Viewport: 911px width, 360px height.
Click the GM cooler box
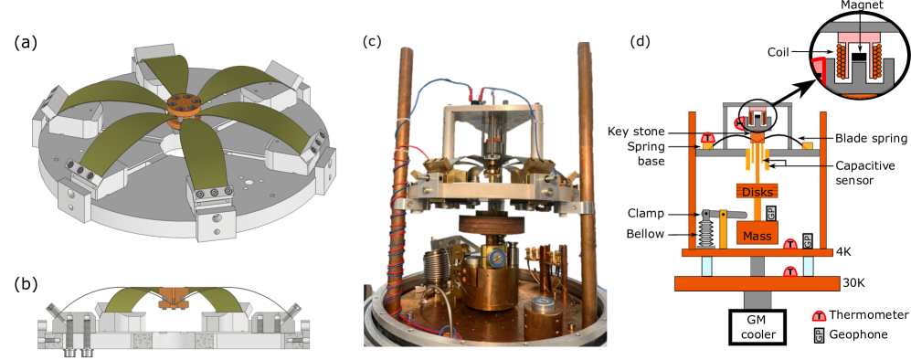pos(757,327)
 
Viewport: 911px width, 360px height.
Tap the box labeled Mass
pos(759,235)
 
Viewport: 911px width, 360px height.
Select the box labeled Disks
pos(757,191)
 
